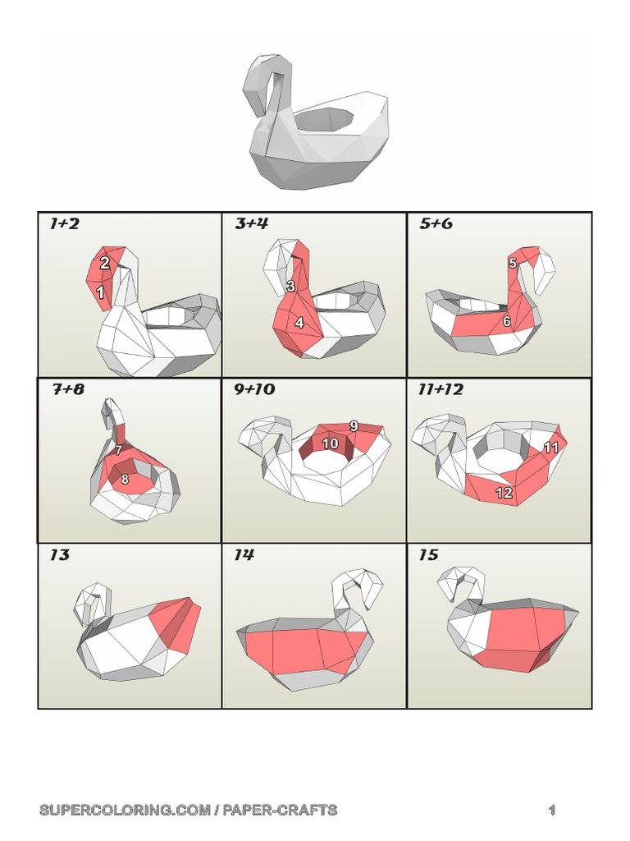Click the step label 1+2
tap(64, 223)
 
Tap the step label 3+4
tap(251, 223)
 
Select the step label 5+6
tap(436, 223)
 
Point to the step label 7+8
tap(68, 389)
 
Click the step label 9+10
tap(254, 389)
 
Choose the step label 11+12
tap(441, 389)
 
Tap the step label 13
tap(59, 555)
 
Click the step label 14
tap(244, 555)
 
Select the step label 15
tap(428, 555)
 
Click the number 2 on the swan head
tap(105, 264)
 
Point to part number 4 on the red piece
tap(299, 324)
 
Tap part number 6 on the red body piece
tap(507, 322)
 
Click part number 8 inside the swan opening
tap(125, 480)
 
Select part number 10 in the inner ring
tap(330, 443)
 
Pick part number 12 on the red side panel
tap(504, 493)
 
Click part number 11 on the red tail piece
tap(550, 448)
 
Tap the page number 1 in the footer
tap(553, 811)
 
